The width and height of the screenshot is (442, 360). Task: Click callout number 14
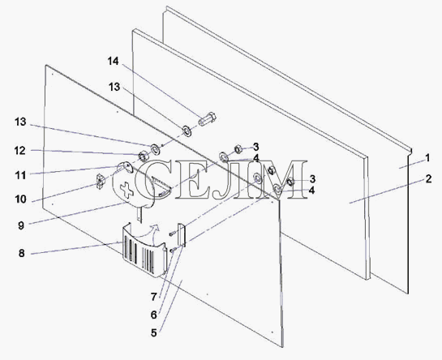[x=114, y=61]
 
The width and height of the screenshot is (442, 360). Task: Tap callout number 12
[x=20, y=151]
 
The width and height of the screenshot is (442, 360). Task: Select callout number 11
[x=20, y=175]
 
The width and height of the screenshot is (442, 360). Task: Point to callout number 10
[x=20, y=199]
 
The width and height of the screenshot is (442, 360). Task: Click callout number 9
[x=21, y=225]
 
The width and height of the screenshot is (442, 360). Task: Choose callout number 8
[x=22, y=253]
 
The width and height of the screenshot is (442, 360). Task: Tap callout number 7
[x=153, y=297]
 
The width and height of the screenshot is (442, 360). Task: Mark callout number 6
[x=153, y=315]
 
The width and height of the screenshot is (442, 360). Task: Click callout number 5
[x=153, y=333]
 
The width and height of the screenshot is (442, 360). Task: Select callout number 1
[x=427, y=158]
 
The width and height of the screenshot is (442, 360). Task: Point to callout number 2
[x=428, y=178]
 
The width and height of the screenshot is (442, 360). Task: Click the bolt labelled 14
[x=208, y=119]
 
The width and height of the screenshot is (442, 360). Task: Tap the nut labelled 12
[x=144, y=156]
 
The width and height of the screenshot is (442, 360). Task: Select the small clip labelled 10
[x=101, y=182]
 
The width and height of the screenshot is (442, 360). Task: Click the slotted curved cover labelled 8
[x=144, y=250]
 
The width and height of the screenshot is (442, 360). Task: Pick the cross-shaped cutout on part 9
[x=127, y=190]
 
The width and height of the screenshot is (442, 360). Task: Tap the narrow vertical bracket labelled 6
[x=181, y=234]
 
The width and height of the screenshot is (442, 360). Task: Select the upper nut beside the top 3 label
[x=238, y=148]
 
